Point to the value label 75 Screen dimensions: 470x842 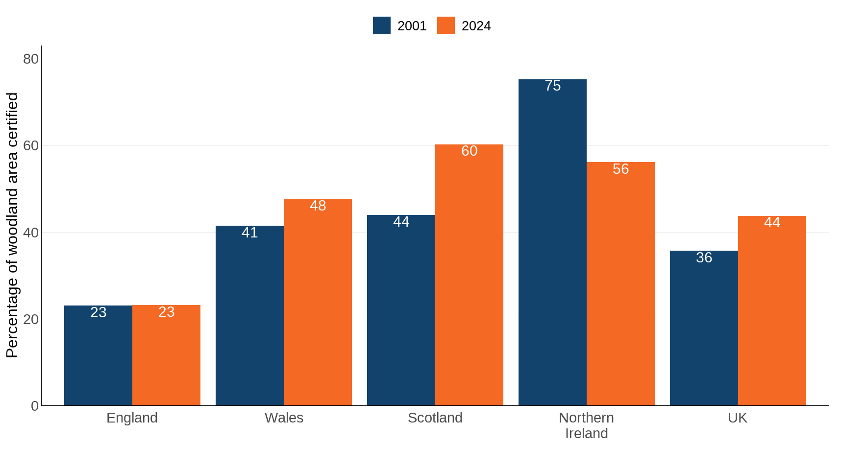[552, 86]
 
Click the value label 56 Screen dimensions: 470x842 [620, 169]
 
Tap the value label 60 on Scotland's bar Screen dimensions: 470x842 [469, 151]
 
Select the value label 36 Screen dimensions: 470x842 [704, 258]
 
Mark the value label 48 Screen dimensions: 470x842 [318, 206]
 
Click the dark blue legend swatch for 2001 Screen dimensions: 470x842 [381, 25]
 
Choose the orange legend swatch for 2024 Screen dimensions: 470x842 [446, 25]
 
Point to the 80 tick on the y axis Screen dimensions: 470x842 [30, 59]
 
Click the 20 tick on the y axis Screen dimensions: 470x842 [30, 319]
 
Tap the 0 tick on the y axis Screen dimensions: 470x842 [34, 406]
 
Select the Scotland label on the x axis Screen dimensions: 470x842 [435, 418]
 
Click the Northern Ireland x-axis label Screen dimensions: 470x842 [586, 425]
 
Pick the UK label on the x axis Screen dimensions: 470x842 [737, 418]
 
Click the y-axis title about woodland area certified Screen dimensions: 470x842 [12, 225]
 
